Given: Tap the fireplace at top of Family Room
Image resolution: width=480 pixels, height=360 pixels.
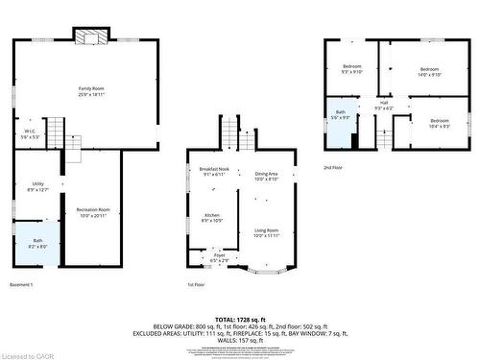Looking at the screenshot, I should click(x=91, y=36).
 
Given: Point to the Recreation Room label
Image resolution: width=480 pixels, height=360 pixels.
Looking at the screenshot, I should click(x=93, y=212).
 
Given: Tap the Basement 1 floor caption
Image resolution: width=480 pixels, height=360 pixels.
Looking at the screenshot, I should click(x=22, y=285).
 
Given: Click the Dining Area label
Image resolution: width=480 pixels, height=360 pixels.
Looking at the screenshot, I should click(x=266, y=176).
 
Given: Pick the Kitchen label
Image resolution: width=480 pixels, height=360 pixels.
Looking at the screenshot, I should click(x=212, y=218).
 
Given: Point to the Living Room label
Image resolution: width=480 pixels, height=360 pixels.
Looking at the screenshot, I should click(x=266, y=232).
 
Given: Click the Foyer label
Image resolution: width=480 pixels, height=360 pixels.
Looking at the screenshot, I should click(x=219, y=256).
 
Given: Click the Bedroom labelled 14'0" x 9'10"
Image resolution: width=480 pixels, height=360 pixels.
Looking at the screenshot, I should click(x=427, y=71).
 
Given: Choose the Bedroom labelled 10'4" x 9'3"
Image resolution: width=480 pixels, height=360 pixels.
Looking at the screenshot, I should click(x=439, y=123).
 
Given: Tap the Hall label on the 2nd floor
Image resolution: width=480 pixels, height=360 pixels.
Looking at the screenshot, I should click(x=383, y=105).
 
